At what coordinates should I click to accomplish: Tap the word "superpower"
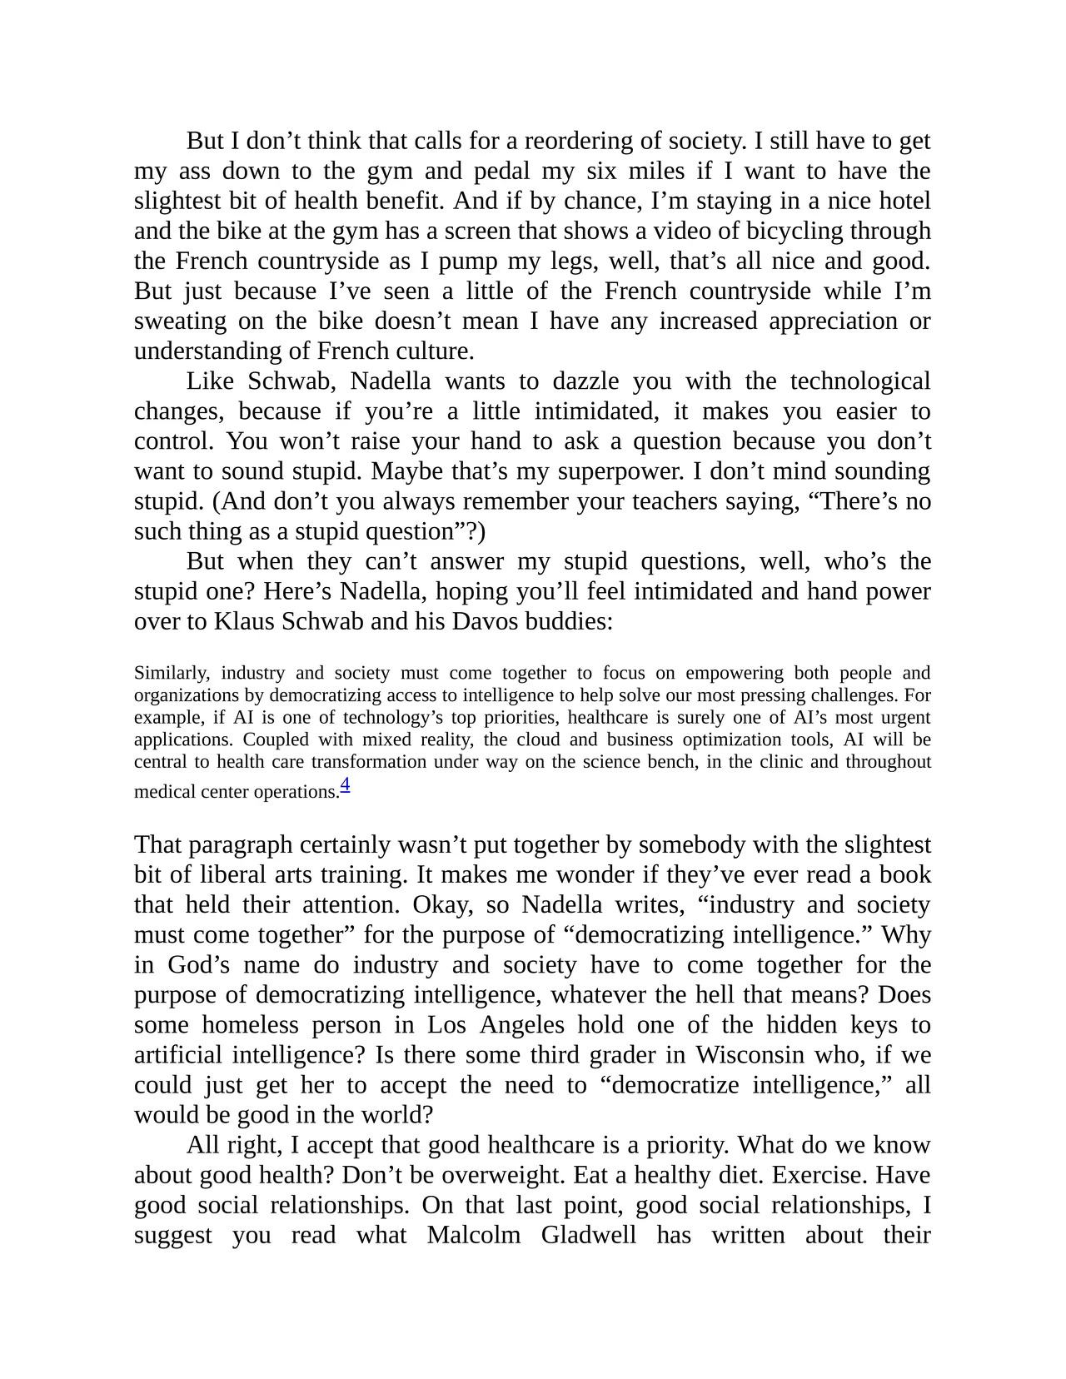[620, 470]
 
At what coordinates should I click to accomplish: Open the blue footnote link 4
[345, 784]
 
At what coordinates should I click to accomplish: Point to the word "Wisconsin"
[750, 1054]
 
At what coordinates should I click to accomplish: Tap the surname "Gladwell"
[588, 1234]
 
